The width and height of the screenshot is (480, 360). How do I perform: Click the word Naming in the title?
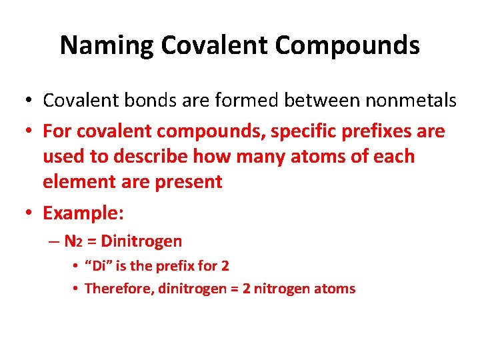click(107, 45)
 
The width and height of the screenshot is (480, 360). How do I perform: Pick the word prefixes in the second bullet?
click(382, 131)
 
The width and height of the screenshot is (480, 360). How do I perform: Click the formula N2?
click(73, 241)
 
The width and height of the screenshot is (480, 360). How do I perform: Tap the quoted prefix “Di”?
click(99, 266)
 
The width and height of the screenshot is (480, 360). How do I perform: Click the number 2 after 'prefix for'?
click(225, 266)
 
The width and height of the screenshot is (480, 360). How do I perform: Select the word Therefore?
click(119, 289)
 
